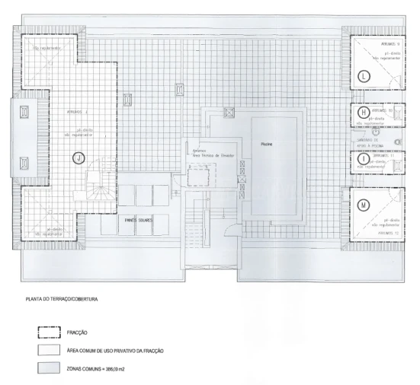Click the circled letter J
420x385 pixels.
click(x=78, y=158)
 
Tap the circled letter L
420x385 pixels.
click(x=364, y=76)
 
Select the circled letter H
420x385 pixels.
click(x=364, y=112)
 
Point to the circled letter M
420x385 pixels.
click(x=364, y=205)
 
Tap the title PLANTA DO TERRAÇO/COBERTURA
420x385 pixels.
click(x=63, y=299)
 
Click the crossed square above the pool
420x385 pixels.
click(x=226, y=113)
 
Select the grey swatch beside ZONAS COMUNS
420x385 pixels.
click(x=50, y=367)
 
